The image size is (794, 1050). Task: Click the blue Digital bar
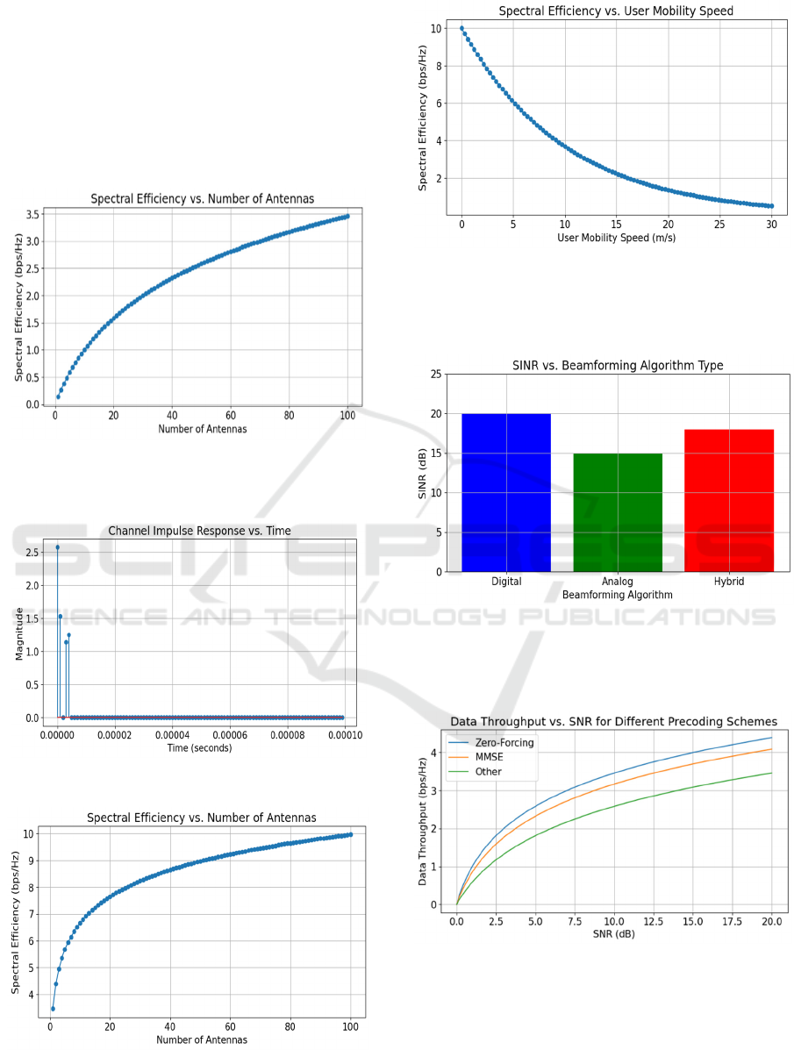(506, 492)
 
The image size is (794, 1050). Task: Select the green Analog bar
(618, 512)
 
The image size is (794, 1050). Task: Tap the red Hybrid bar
(729, 500)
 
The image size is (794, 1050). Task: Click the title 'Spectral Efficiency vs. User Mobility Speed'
(616, 11)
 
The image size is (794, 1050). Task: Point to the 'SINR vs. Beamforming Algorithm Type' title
(618, 365)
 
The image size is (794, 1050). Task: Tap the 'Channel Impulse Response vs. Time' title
(199, 531)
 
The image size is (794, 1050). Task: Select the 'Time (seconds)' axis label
(199, 748)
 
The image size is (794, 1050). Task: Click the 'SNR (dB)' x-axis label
(613, 933)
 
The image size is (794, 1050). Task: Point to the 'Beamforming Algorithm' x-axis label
(618, 595)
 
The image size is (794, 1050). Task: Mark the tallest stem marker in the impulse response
(58, 547)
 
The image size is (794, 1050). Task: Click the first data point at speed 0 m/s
(461, 28)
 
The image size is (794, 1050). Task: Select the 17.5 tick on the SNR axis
(733, 921)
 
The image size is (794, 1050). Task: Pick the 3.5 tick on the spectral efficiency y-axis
(32, 214)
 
